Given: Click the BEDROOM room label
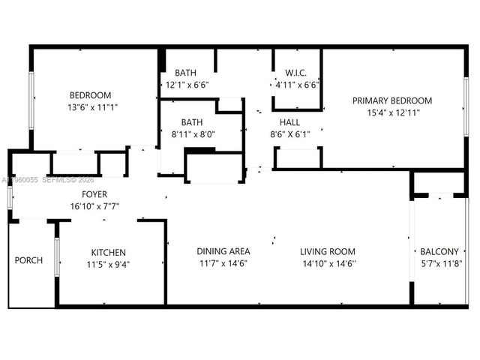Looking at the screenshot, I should (91, 95).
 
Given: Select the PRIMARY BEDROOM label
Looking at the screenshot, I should (392, 100).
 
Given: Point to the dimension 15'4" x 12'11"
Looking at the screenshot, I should (392, 112).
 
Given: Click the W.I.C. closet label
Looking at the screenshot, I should (297, 73).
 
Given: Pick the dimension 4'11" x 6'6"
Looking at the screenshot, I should (297, 85).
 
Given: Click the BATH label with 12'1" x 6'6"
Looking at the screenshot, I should (186, 73).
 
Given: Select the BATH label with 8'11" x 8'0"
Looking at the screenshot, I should (192, 121).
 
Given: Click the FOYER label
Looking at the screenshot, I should (94, 194).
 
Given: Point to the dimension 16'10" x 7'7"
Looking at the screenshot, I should (94, 206).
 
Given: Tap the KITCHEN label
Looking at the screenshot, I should (109, 252).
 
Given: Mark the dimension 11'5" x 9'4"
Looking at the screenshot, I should (109, 264).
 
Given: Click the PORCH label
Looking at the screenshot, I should (28, 260).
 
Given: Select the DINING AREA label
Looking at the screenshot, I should (223, 251).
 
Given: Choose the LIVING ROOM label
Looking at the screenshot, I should (328, 251).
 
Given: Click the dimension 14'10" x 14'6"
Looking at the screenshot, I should (328, 263).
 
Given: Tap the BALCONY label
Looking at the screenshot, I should (438, 252).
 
